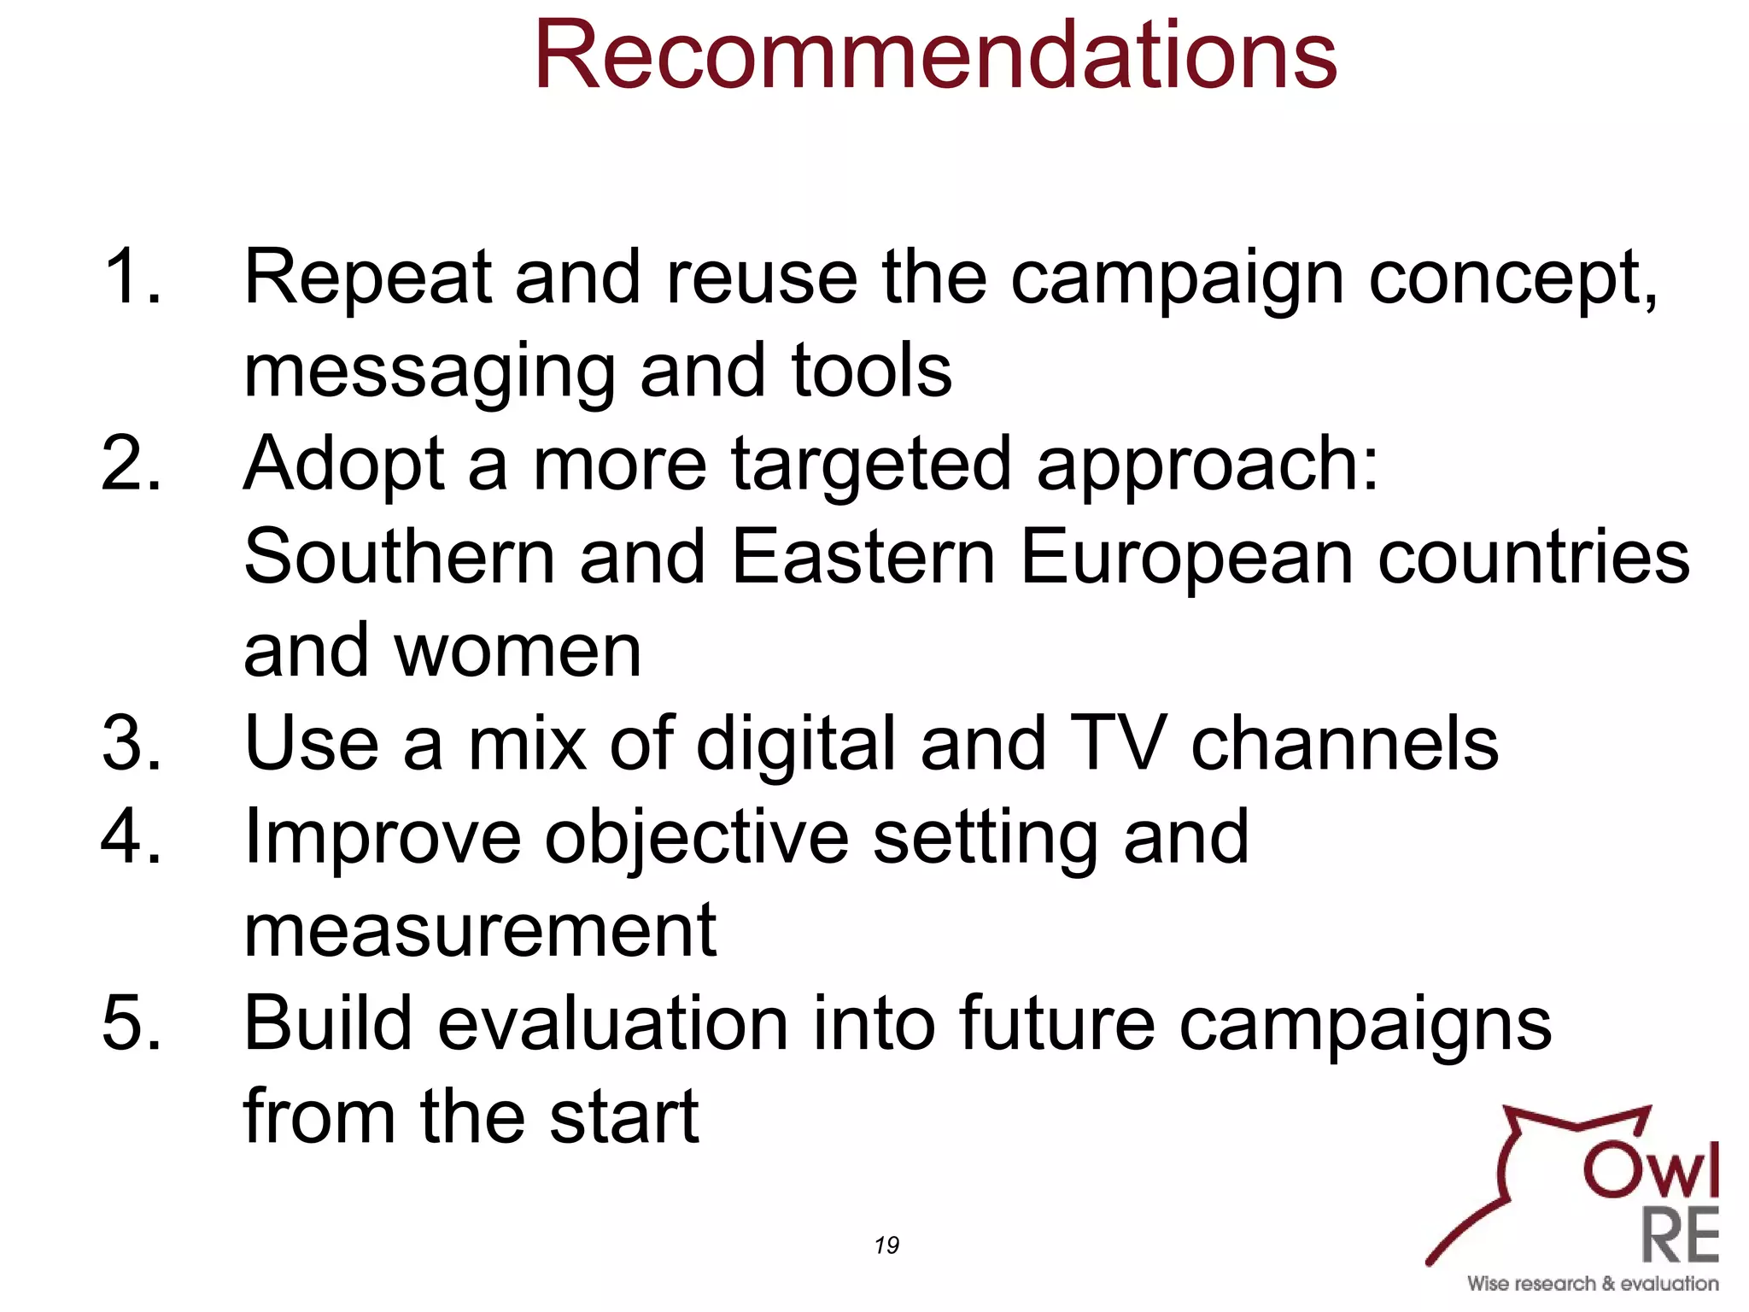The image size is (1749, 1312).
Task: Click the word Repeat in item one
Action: [368, 278]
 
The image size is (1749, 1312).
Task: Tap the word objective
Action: [697, 839]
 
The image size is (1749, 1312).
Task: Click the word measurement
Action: [480, 931]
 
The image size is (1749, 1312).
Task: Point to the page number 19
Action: [886, 1245]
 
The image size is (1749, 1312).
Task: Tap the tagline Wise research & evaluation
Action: [1593, 1284]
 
